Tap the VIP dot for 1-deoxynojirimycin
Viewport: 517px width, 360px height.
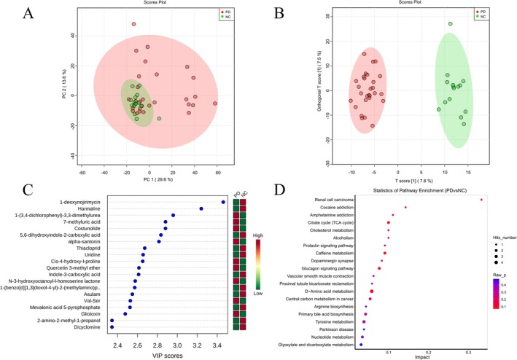click(223, 202)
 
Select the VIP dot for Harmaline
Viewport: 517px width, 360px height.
click(201, 209)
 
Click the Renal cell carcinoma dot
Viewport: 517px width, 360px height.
click(482, 200)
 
